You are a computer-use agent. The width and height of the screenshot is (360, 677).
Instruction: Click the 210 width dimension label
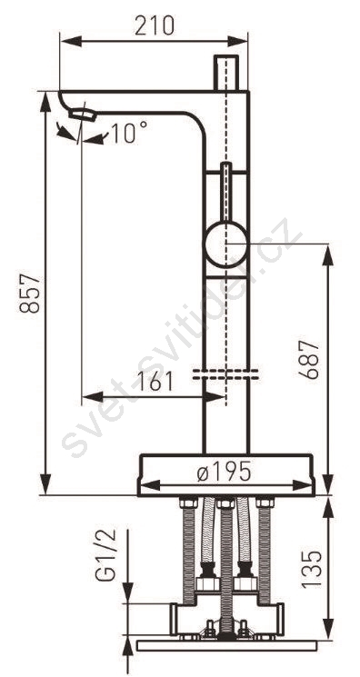click(x=155, y=25)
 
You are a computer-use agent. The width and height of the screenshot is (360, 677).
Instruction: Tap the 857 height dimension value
click(x=30, y=294)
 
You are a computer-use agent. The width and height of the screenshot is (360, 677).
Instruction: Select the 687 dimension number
click(x=310, y=360)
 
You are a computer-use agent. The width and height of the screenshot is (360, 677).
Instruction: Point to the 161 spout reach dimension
click(x=154, y=382)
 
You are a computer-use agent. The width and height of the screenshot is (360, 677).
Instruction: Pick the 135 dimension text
click(x=312, y=569)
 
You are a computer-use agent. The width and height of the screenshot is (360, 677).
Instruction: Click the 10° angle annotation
click(x=129, y=132)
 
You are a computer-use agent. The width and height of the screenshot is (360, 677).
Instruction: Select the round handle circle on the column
click(x=226, y=244)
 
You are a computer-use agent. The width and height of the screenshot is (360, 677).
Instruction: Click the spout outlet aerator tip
click(x=82, y=114)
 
